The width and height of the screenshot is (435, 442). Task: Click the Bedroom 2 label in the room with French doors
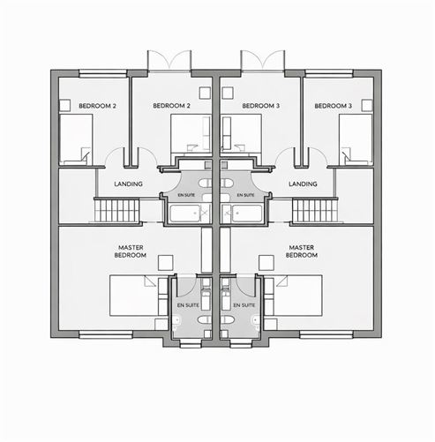tap(171, 106)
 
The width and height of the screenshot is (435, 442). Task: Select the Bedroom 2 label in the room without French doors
tap(97, 106)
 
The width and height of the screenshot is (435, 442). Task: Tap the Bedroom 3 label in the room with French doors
tap(261, 106)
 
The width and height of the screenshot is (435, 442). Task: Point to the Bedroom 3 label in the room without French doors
tap(334, 106)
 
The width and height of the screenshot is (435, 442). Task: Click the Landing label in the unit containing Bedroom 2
tap(128, 184)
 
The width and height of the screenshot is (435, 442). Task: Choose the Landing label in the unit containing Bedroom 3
tap(303, 184)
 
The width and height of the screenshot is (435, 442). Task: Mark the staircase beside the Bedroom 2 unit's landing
tap(116, 210)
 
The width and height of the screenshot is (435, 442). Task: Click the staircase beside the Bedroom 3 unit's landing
tap(315, 210)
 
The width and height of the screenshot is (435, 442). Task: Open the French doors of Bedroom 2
tap(169, 61)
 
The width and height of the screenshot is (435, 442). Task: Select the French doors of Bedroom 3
tap(263, 61)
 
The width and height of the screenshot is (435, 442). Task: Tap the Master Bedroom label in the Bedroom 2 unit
tap(131, 251)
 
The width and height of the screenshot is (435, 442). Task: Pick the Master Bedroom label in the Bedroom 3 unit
tap(302, 251)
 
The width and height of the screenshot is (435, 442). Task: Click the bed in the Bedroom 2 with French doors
tap(191, 134)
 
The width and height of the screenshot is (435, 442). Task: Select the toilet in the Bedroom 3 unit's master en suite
tap(255, 321)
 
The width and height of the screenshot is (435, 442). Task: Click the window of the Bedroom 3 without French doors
tap(329, 73)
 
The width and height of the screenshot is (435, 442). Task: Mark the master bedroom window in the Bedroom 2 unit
tap(106, 334)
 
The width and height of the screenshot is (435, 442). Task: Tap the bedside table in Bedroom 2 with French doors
tap(205, 93)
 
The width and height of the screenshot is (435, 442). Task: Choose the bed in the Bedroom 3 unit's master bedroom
tap(294, 296)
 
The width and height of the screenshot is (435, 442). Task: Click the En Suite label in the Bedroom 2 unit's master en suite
tap(188, 305)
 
